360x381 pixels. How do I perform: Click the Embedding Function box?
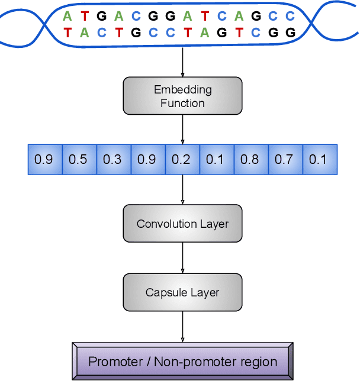182,96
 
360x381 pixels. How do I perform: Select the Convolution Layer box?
182,224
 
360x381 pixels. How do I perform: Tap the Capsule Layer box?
182,292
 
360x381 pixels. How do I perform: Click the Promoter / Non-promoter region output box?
182,361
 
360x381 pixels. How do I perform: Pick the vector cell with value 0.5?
78,159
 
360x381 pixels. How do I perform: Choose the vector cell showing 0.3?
112,159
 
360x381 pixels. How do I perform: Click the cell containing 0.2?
181,159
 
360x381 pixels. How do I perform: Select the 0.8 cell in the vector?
250,159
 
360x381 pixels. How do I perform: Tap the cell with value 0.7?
284,159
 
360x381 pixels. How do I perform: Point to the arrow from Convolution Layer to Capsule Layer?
182,258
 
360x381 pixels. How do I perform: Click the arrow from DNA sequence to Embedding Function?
182,62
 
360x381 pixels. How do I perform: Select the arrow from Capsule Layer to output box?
182,327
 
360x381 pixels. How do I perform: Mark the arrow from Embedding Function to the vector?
182,129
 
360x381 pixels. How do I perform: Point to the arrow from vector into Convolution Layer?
182,189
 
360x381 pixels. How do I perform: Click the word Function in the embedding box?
182,104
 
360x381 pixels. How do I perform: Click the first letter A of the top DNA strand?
68,16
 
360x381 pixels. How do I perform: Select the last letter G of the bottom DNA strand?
290,33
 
